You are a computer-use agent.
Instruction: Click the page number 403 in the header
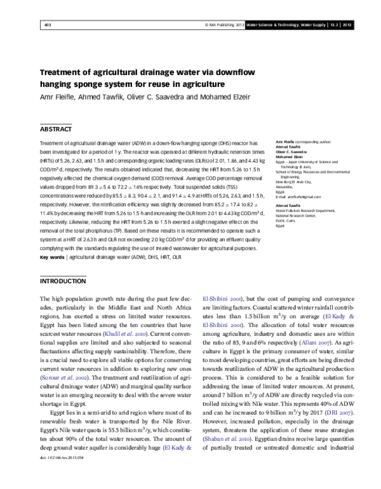pos(47,25)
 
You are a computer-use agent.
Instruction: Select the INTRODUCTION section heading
pos(63,280)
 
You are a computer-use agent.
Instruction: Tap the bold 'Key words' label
pos(52,258)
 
